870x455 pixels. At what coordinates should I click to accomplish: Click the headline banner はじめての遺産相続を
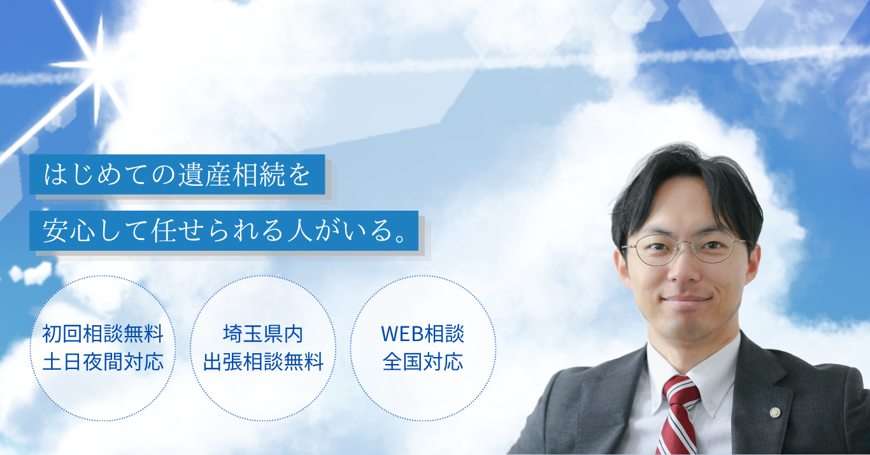pyautogui.click(x=177, y=174)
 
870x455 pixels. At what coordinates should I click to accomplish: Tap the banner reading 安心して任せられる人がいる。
pyautogui.click(x=224, y=230)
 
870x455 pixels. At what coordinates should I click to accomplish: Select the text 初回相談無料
pyautogui.click(x=103, y=334)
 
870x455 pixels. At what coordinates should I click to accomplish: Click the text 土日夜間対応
pyautogui.click(x=103, y=362)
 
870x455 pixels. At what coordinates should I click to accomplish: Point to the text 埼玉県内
pyautogui.click(x=263, y=334)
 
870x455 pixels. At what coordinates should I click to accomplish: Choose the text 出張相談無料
pyautogui.click(x=263, y=362)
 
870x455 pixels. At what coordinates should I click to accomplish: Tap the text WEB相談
pyautogui.click(x=422, y=334)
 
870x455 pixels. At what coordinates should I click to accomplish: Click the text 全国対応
pyautogui.click(x=422, y=362)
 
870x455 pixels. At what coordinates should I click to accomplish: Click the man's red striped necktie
pyautogui.click(x=678, y=416)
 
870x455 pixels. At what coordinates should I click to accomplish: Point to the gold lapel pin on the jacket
pyautogui.click(x=775, y=412)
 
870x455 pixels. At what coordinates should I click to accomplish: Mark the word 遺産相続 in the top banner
pyautogui.click(x=231, y=174)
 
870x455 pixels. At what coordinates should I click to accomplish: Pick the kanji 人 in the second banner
pyautogui.click(x=299, y=230)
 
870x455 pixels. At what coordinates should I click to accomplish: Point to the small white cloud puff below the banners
pyautogui.click(x=32, y=272)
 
